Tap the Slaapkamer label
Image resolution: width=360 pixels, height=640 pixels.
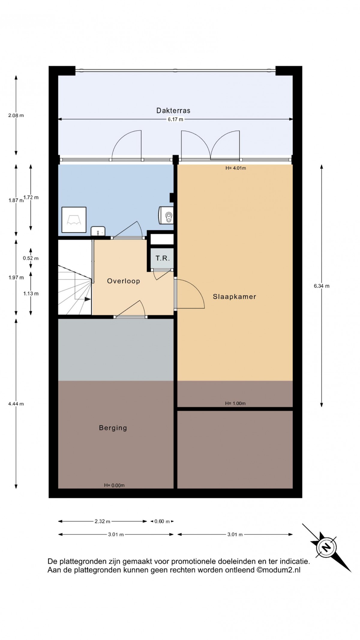point(234,297)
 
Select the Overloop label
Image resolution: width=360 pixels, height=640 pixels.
point(124,281)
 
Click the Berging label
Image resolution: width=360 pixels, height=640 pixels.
point(113,428)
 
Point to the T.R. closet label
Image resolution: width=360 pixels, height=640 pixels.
point(163,258)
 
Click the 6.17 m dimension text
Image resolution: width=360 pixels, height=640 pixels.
point(175,119)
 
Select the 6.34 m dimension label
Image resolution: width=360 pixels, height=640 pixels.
point(322,286)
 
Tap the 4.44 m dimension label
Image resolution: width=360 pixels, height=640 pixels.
point(16,404)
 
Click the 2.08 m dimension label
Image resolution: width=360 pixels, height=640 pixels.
point(16,115)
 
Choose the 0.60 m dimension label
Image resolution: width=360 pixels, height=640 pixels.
point(162,521)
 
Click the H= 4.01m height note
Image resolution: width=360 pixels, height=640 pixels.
point(236,168)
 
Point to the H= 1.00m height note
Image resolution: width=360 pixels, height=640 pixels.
point(235,403)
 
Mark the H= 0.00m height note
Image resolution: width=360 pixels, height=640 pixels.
point(114,485)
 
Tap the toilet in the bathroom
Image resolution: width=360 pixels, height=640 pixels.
point(166,215)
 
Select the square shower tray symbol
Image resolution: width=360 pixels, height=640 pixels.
point(74,220)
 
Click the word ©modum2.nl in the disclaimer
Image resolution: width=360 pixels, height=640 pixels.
point(278,570)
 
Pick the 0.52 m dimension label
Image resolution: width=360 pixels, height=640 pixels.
point(31,258)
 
